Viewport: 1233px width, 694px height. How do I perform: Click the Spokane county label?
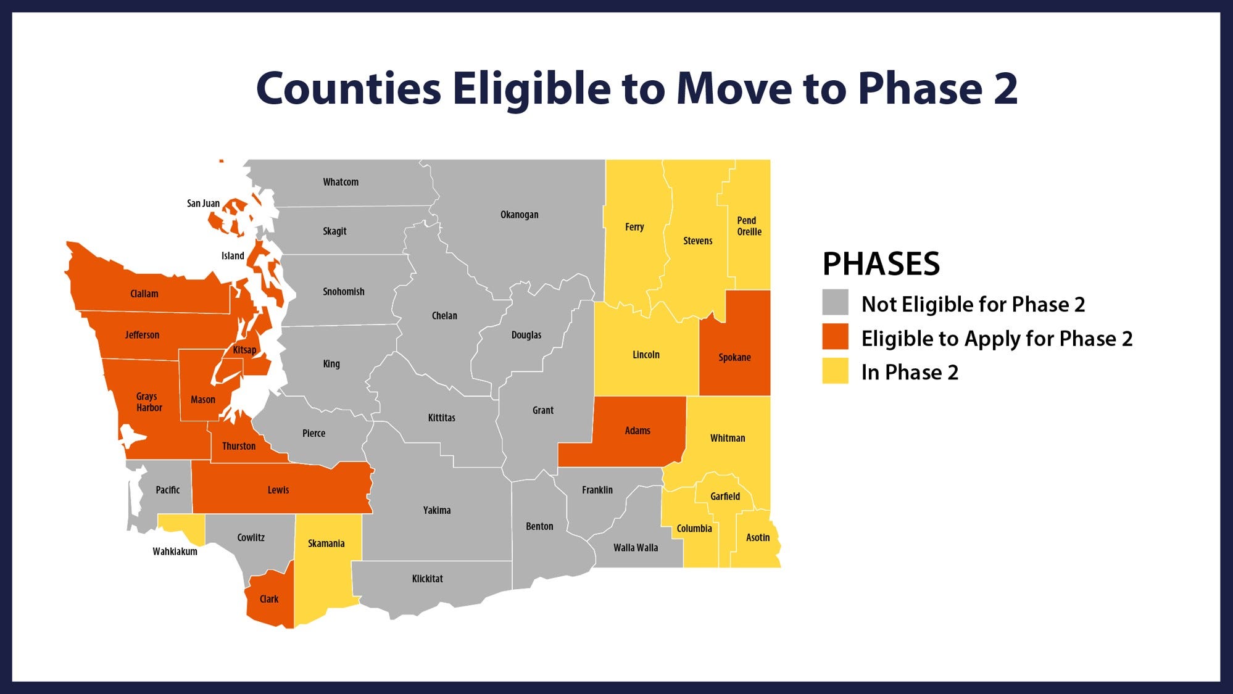point(734,357)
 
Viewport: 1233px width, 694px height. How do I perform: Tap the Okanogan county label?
point(519,215)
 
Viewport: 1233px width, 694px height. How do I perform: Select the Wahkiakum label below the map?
point(175,551)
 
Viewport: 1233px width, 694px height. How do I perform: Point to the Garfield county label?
point(724,496)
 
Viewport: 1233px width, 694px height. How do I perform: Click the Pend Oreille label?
point(749,226)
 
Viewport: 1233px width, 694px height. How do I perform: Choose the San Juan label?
point(203,204)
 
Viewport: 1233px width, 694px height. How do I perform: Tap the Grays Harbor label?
point(149,402)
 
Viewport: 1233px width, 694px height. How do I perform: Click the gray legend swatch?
point(835,303)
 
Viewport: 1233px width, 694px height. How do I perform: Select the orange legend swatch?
point(835,337)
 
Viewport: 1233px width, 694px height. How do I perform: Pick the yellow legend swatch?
point(835,371)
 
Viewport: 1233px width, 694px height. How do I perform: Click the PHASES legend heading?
point(881,264)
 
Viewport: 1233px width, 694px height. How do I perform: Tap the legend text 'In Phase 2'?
point(910,373)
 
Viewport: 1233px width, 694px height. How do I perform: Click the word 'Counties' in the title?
point(349,88)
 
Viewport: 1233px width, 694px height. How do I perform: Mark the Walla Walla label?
point(636,548)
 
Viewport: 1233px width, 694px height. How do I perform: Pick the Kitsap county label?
point(244,350)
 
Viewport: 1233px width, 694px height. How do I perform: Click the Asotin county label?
point(758,537)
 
